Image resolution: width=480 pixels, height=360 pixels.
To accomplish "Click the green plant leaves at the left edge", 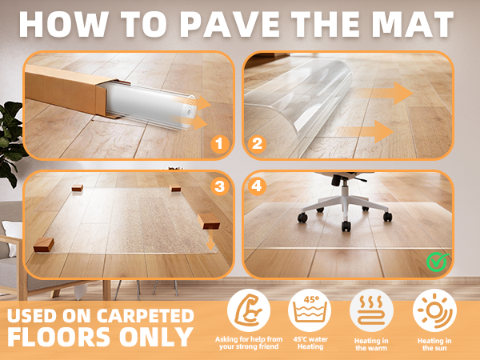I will pyautogui.click(x=10, y=136).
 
